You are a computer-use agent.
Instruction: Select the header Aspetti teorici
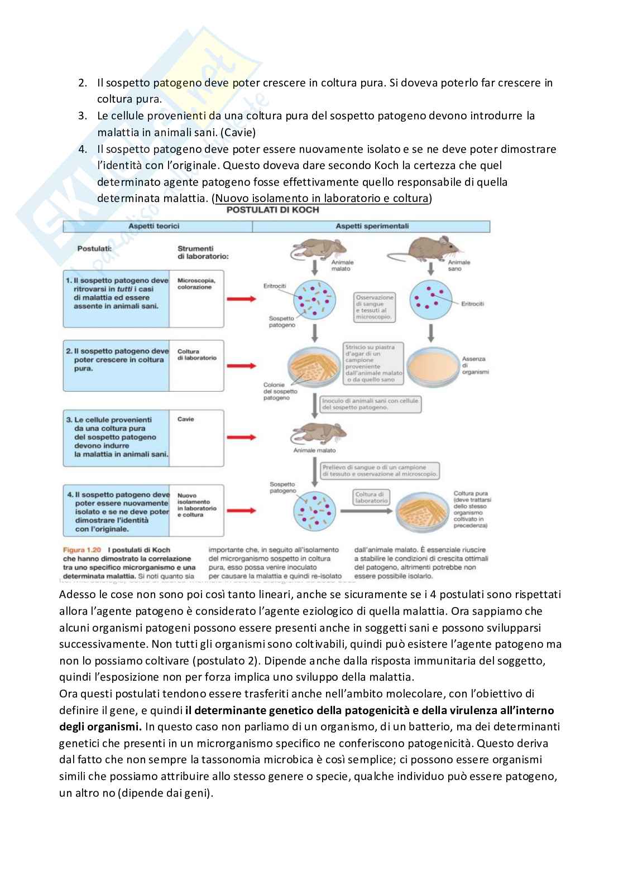(x=154, y=227)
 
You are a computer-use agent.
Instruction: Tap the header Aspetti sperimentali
(x=372, y=227)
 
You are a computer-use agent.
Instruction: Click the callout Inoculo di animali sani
(x=370, y=404)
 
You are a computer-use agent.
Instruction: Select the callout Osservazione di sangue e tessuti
(x=375, y=307)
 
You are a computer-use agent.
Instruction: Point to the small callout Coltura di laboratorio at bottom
(x=371, y=497)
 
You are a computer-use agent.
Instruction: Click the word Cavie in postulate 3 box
(x=185, y=419)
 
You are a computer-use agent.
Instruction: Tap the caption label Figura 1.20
(x=82, y=550)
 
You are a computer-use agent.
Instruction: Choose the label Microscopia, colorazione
(x=196, y=283)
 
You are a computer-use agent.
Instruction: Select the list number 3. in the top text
(x=83, y=116)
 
